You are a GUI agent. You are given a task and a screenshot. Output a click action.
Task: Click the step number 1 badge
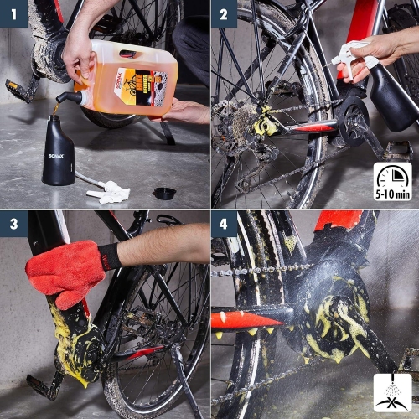pyautogui.click(x=13, y=13)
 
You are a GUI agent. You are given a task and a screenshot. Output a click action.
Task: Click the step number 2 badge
pyautogui.click(x=224, y=13)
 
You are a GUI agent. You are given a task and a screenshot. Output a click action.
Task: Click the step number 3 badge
pyautogui.click(x=13, y=224)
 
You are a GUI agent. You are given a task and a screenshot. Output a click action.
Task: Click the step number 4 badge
pyautogui.click(x=224, y=224)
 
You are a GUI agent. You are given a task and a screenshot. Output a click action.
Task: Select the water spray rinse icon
pyautogui.click(x=392, y=394)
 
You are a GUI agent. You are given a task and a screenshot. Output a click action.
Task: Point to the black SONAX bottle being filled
pyautogui.click(x=58, y=151)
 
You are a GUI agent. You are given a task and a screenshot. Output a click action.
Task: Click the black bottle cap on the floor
pyautogui.click(x=164, y=194)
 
